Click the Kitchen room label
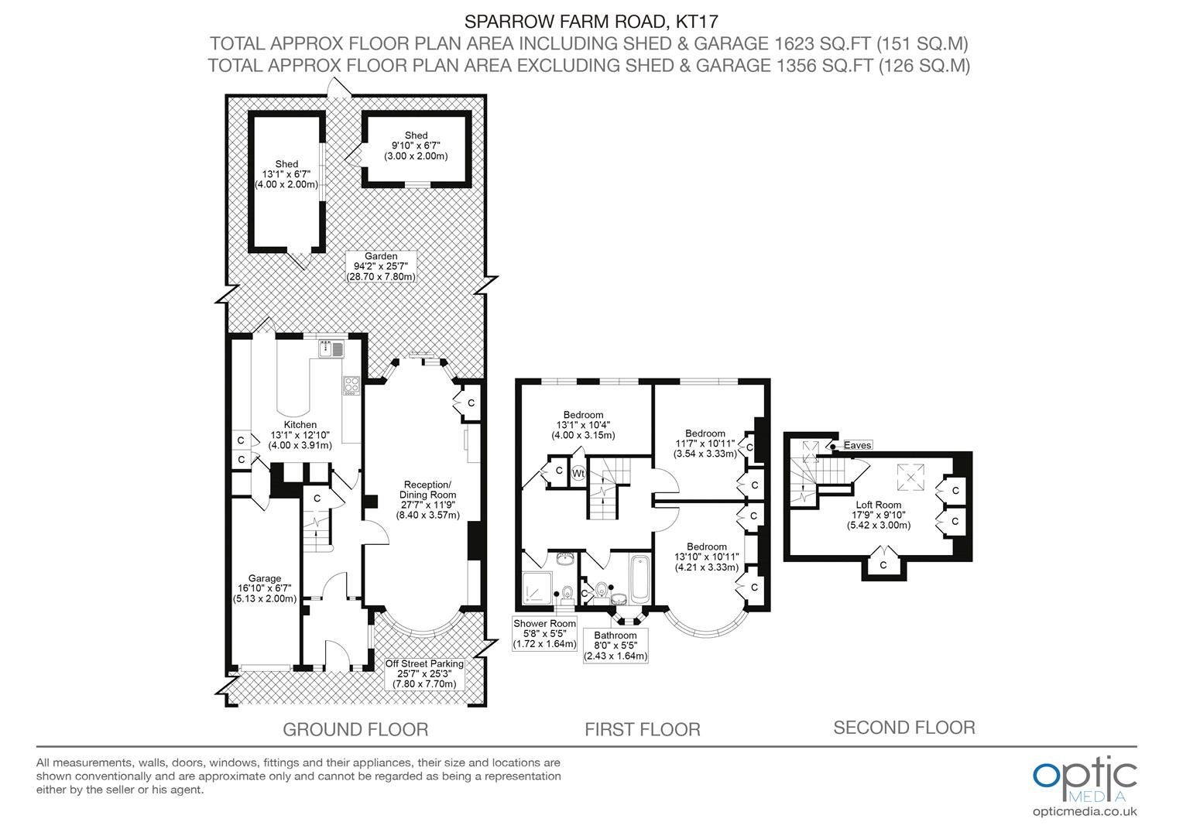tap(300, 434)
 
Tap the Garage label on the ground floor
tap(265, 588)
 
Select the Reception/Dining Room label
tap(428, 499)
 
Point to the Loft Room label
tap(879, 515)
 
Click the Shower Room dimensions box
tap(544, 633)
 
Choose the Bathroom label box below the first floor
tap(616, 646)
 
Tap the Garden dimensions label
tap(381, 266)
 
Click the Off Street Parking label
tap(424, 673)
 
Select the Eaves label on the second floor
tap(857, 445)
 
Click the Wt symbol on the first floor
tap(578, 473)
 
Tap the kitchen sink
tap(331, 349)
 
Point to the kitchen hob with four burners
tap(351, 385)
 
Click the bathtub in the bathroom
tap(640, 579)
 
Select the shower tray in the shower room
tap(537, 588)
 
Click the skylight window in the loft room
tap(911, 477)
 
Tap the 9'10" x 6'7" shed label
tap(416, 146)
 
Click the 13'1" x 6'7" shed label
tap(286, 174)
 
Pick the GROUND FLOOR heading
tap(355, 729)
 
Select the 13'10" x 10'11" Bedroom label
tap(707, 557)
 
